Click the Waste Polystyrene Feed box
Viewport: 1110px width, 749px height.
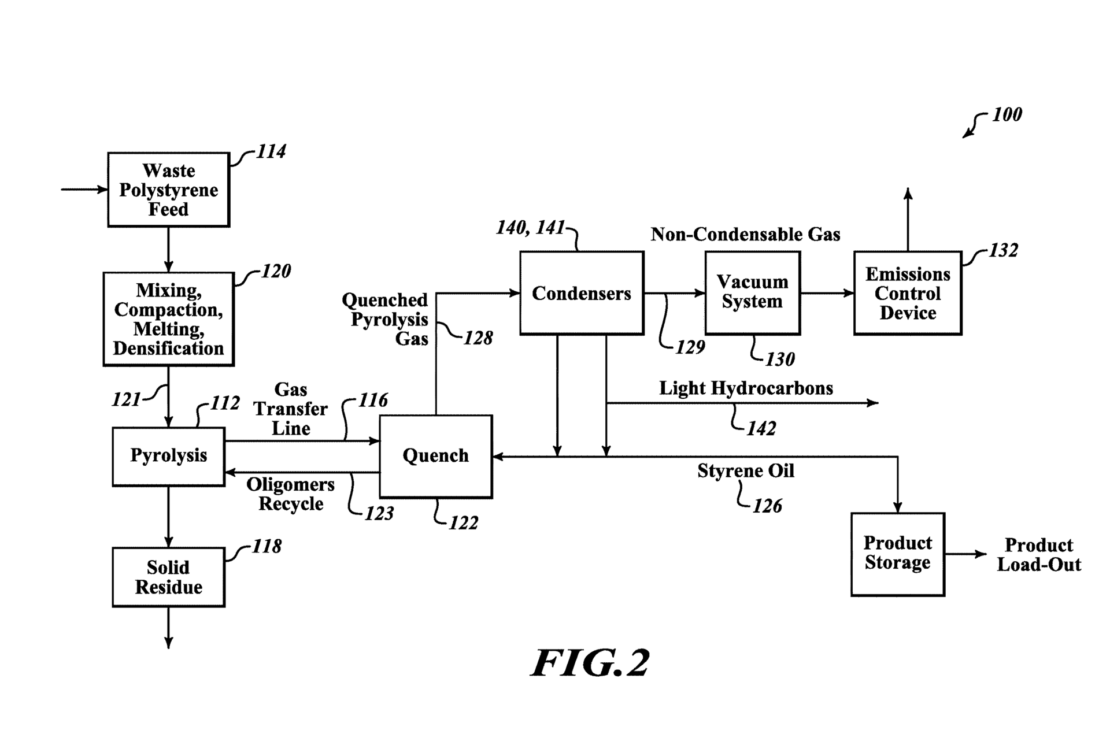168,190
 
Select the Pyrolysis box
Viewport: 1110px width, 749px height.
168,456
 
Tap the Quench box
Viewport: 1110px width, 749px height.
435,456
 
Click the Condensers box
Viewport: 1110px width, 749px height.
581,293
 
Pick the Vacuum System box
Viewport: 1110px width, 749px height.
752,292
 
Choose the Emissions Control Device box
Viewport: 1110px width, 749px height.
907,293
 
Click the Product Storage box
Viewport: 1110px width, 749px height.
897,554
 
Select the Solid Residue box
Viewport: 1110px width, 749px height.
168,577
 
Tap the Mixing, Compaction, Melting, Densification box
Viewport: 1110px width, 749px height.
168,319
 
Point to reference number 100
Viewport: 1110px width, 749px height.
1007,114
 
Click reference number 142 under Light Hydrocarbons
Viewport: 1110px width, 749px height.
761,428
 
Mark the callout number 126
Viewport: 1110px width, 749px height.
767,506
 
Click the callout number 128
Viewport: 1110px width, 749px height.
478,338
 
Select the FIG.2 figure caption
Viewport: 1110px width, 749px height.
590,663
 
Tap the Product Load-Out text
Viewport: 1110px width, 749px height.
1038,554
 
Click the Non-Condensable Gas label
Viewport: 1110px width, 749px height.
745,234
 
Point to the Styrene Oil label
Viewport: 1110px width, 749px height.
745,471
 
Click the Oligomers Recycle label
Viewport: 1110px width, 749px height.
290,494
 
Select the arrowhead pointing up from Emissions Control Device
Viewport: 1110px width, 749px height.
908,194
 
